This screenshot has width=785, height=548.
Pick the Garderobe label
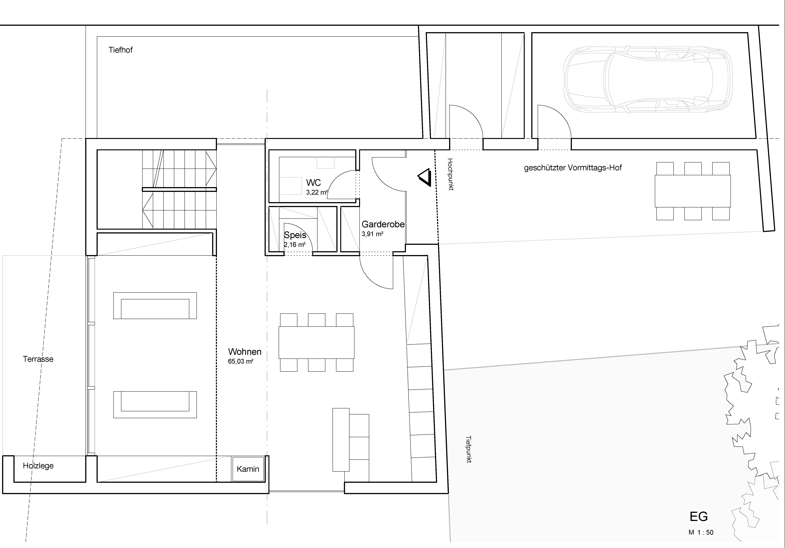pyautogui.click(x=383, y=224)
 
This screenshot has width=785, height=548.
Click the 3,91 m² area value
pyautogui.click(x=372, y=234)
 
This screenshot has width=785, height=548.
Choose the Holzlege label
pyautogui.click(x=38, y=466)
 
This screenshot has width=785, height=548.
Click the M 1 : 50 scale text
pyautogui.click(x=701, y=532)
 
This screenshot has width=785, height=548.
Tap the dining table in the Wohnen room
pyautogui.click(x=317, y=343)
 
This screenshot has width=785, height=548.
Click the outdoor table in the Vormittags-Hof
pyautogui.click(x=693, y=191)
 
